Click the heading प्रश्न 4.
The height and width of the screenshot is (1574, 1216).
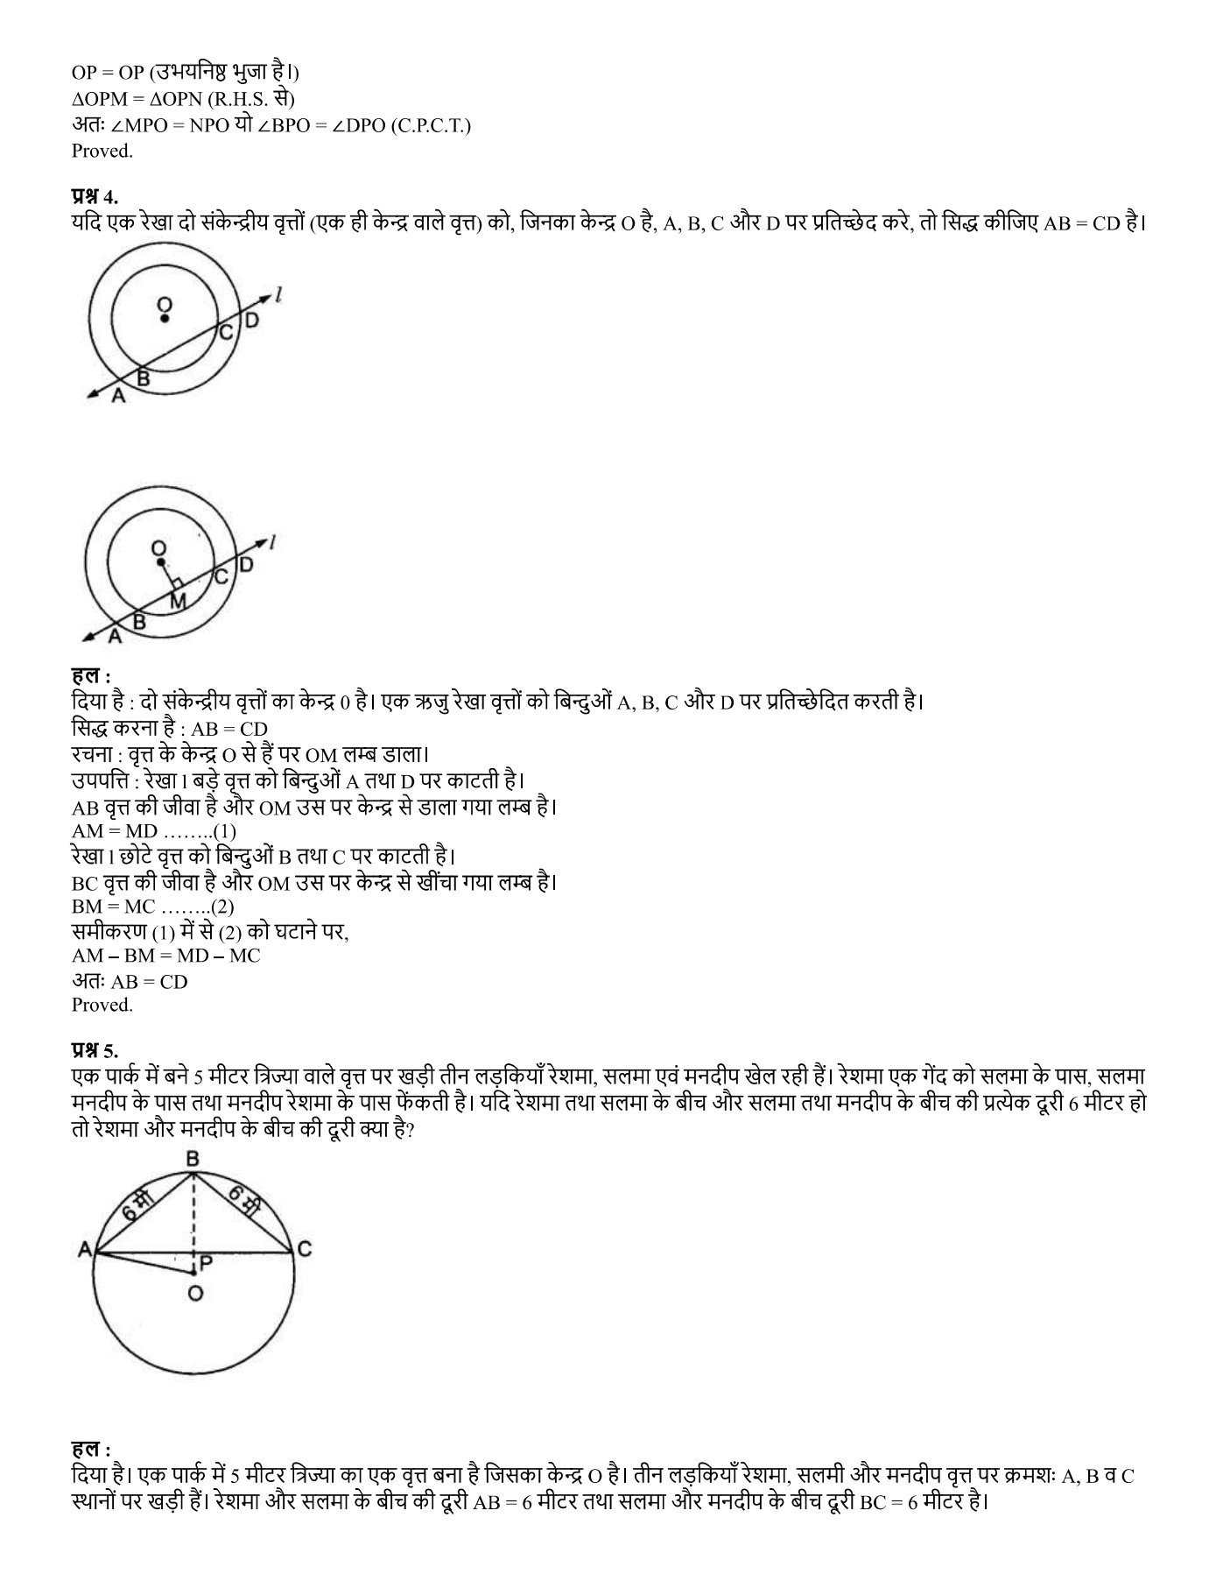tap(95, 197)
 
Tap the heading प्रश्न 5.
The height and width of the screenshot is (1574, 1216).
tap(95, 1048)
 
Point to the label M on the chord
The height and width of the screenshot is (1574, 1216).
tap(178, 601)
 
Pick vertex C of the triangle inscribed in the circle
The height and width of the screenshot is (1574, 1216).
tap(304, 1250)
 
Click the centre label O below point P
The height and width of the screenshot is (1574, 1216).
tap(194, 1293)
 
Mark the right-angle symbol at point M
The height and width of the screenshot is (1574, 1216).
tap(177, 582)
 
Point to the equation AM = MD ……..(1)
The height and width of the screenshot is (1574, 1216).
tap(154, 830)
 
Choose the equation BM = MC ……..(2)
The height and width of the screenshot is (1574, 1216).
tap(153, 907)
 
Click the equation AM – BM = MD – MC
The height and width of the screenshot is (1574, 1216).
tap(165, 956)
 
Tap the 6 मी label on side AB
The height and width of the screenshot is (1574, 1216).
tap(133, 1209)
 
